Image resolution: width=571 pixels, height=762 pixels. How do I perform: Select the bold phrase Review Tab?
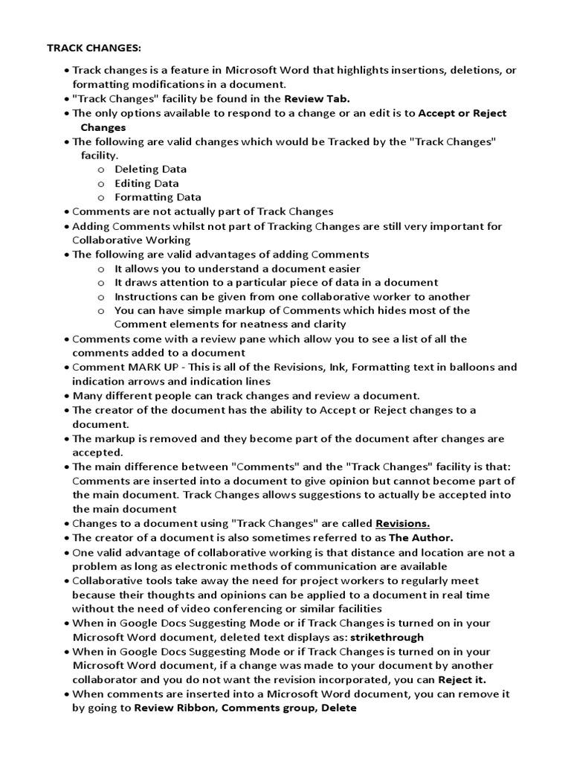pos(317,98)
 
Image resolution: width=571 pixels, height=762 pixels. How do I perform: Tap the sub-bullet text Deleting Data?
pos(150,169)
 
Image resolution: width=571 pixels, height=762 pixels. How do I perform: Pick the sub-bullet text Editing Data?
pos(146,183)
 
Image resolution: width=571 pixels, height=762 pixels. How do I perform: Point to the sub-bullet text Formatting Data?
pos(158,197)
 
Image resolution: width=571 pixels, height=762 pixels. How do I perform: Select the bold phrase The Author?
pos(421,537)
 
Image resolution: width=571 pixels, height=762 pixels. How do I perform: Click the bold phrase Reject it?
pos(461,680)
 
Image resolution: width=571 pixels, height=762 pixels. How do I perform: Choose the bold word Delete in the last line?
pos(339,708)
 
